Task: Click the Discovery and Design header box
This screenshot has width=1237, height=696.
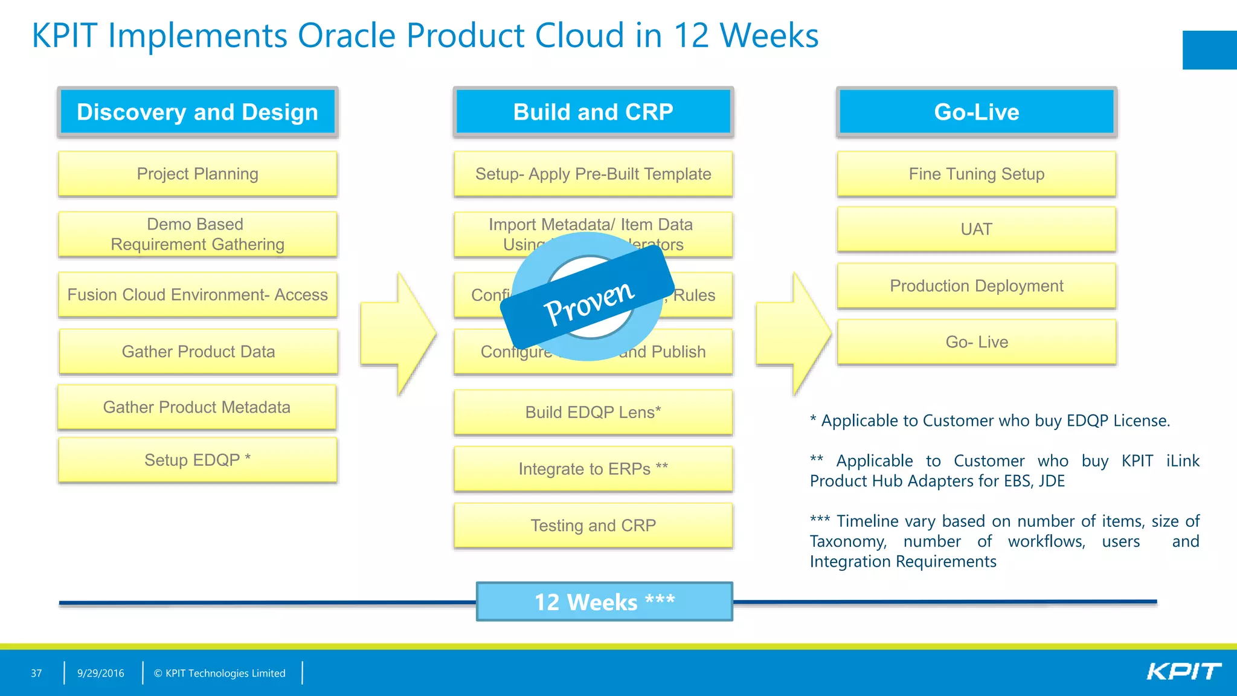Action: (198, 112)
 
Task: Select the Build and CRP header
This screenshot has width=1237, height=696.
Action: (593, 112)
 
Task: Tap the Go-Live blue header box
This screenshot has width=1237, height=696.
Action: (976, 112)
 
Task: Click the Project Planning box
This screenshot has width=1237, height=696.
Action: (198, 174)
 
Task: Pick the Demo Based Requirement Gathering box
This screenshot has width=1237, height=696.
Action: (198, 234)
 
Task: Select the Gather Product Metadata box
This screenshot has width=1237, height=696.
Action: (197, 407)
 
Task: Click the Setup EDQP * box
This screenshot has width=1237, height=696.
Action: (198, 460)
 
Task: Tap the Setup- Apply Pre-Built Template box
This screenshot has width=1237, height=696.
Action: (593, 174)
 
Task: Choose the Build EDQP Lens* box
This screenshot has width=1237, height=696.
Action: (593, 412)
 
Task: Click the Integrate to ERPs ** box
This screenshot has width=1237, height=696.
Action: (593, 469)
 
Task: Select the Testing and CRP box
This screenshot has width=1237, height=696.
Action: (593, 526)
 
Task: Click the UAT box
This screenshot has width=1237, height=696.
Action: (976, 230)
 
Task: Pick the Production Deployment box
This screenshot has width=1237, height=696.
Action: (976, 286)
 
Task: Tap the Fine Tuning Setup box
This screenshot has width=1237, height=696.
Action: (976, 174)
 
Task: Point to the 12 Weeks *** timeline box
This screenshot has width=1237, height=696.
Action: (604, 602)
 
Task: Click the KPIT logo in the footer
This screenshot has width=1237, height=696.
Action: (1183, 672)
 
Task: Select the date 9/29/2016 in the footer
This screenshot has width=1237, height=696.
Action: (101, 673)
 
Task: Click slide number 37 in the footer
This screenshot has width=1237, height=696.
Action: (36, 673)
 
